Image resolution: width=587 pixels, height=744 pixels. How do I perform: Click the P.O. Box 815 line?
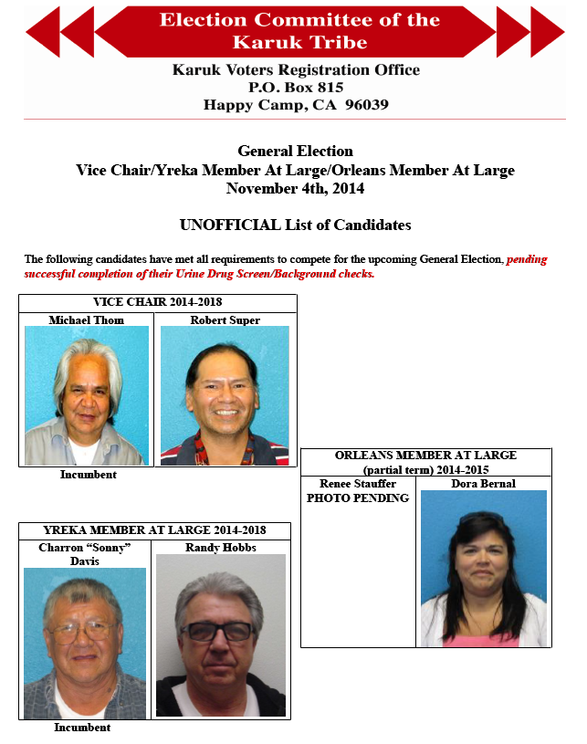pos(295,88)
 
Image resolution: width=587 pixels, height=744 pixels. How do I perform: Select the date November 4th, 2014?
pos(295,189)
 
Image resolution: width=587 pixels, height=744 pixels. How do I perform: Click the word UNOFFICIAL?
pos(228,225)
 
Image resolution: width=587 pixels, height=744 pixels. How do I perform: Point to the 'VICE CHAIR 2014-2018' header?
pos(158,302)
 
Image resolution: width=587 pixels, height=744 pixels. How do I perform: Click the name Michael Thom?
pos(87,320)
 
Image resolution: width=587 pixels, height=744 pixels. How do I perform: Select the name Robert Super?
pos(225,320)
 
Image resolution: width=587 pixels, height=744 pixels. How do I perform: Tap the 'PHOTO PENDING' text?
pos(358,498)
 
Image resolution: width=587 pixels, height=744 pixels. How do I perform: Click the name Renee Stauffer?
pos(358,484)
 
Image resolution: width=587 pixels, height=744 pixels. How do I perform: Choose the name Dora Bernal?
pos(483,484)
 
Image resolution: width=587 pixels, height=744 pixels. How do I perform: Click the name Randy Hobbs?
pos(220,548)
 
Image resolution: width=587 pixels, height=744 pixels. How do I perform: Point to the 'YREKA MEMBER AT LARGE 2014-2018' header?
pos(154,530)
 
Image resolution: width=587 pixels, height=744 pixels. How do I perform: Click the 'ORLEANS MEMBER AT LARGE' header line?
pos(425,455)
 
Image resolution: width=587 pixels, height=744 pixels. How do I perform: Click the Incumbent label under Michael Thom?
pos(89,475)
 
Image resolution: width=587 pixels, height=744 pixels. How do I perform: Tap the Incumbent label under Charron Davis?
pos(82,728)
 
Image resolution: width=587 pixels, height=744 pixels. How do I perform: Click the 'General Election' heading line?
pos(295,152)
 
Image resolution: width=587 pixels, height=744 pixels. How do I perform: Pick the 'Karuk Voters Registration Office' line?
pos(295,70)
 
